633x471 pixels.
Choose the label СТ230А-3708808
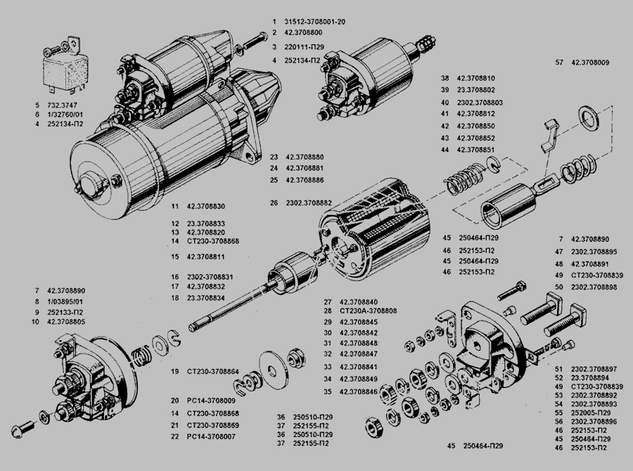[x=368, y=311]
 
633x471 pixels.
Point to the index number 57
[x=559, y=63]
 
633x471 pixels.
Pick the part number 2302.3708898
[x=594, y=287]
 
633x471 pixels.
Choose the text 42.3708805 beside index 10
[x=68, y=321]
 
